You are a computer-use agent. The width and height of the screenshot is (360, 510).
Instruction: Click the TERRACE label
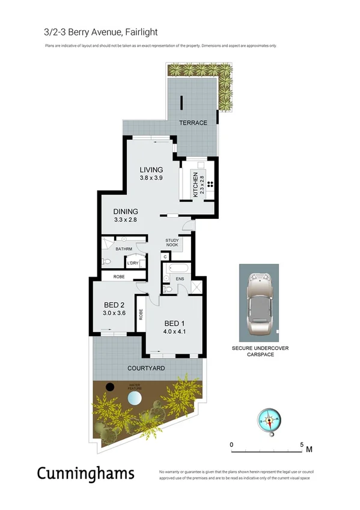(x=193, y=123)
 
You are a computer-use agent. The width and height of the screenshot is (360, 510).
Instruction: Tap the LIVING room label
(x=151, y=170)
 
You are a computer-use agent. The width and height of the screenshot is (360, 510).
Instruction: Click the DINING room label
(x=126, y=212)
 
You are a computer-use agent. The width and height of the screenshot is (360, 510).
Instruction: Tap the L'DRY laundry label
(x=132, y=263)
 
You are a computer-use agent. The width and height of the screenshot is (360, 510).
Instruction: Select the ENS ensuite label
(x=180, y=279)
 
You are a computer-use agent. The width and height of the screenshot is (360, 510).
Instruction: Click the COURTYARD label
(x=146, y=367)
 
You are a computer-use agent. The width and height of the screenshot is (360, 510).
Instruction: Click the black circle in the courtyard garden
(x=109, y=387)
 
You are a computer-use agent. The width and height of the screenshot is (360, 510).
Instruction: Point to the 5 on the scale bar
(x=302, y=444)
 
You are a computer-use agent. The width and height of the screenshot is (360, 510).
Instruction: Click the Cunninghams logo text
(x=85, y=473)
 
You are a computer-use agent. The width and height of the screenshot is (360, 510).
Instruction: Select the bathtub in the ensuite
(x=178, y=268)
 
